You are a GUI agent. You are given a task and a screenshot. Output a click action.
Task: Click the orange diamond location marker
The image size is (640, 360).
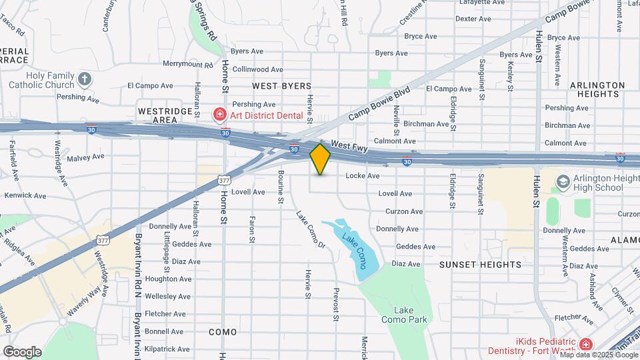[x=321, y=159]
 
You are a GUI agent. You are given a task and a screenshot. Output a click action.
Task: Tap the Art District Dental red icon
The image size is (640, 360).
[x=219, y=115]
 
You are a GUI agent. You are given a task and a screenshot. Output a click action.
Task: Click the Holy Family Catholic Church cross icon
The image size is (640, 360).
[x=84, y=80]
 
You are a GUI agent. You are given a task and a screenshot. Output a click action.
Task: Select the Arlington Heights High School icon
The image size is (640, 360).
[x=563, y=182]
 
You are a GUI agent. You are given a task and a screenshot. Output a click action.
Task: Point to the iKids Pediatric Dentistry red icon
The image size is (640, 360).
[x=585, y=344]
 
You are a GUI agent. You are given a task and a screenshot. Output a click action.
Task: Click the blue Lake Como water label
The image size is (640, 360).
[x=354, y=247]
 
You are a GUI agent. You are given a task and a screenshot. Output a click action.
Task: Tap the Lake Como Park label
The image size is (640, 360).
[x=404, y=315]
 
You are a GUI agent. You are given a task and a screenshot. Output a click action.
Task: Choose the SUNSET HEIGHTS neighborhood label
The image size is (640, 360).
[x=480, y=265]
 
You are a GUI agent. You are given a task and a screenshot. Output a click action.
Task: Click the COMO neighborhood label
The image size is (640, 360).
[x=223, y=332]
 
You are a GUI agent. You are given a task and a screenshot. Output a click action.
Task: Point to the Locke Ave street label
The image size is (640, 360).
[x=363, y=176]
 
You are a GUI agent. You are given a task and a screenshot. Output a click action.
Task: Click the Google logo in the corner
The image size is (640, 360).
[x=22, y=352]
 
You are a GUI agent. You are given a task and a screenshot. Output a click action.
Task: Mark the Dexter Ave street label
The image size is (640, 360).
[x=473, y=19]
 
